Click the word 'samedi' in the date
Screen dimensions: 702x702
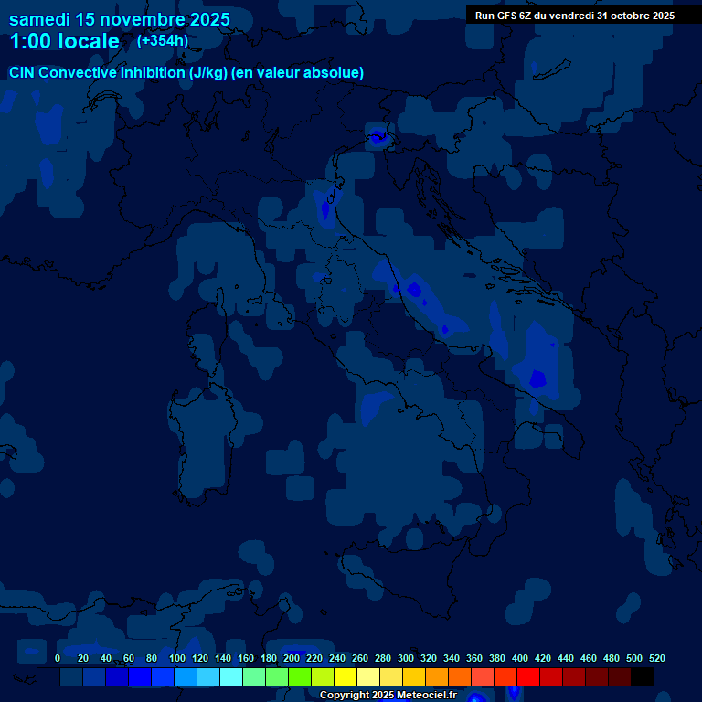[44, 19]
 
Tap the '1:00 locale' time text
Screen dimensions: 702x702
[64, 41]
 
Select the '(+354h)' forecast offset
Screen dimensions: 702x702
[163, 40]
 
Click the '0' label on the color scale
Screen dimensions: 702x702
[58, 658]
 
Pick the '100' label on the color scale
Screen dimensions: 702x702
[175, 658]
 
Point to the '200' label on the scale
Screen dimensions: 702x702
[292, 658]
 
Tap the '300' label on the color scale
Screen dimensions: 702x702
[406, 658]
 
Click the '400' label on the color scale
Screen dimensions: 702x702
[520, 658]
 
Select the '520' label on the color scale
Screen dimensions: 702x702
[656, 658]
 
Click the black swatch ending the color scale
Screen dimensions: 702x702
[643, 676]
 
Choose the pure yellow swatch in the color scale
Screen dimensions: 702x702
[346, 676]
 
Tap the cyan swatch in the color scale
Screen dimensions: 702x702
[231, 676]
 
